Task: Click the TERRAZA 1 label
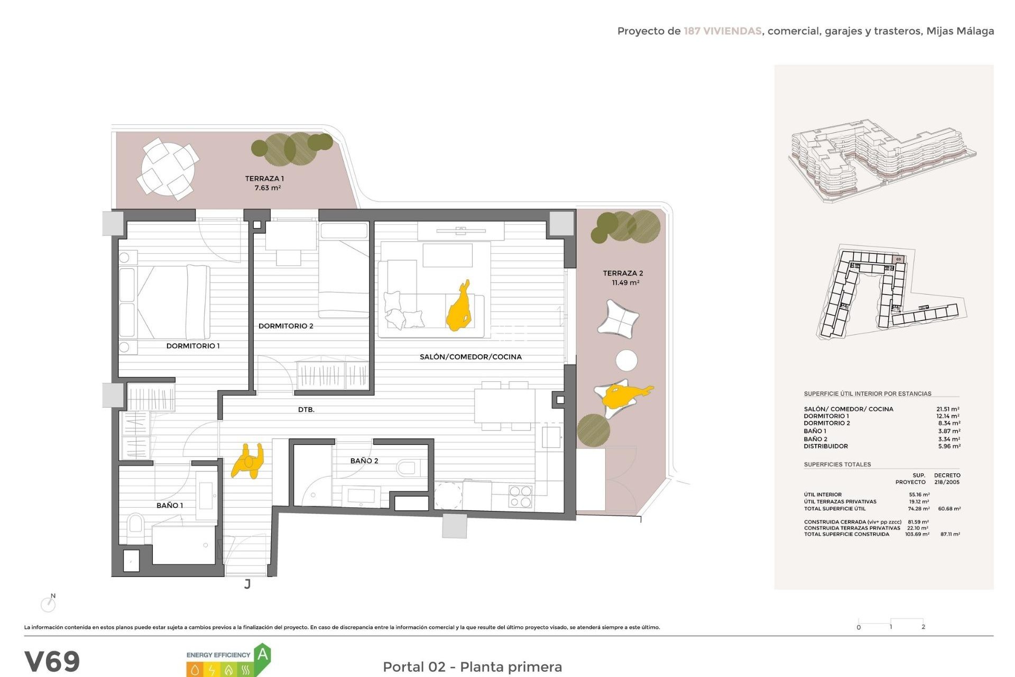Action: [x=264, y=178]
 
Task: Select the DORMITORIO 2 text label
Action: [x=285, y=326]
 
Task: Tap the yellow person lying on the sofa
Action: [x=459, y=308]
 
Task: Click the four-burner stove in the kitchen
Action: [x=520, y=497]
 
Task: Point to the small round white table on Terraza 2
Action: [x=626, y=360]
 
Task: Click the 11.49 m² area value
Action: [x=625, y=283]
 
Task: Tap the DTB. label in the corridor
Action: [x=306, y=409]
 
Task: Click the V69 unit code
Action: [x=52, y=661]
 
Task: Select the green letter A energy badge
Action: [x=263, y=656]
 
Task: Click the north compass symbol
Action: [x=49, y=603]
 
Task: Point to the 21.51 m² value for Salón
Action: [x=948, y=409]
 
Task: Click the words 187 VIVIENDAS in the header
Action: [x=722, y=31]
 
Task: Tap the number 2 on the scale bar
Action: [x=923, y=627]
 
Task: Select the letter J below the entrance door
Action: [x=247, y=584]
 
